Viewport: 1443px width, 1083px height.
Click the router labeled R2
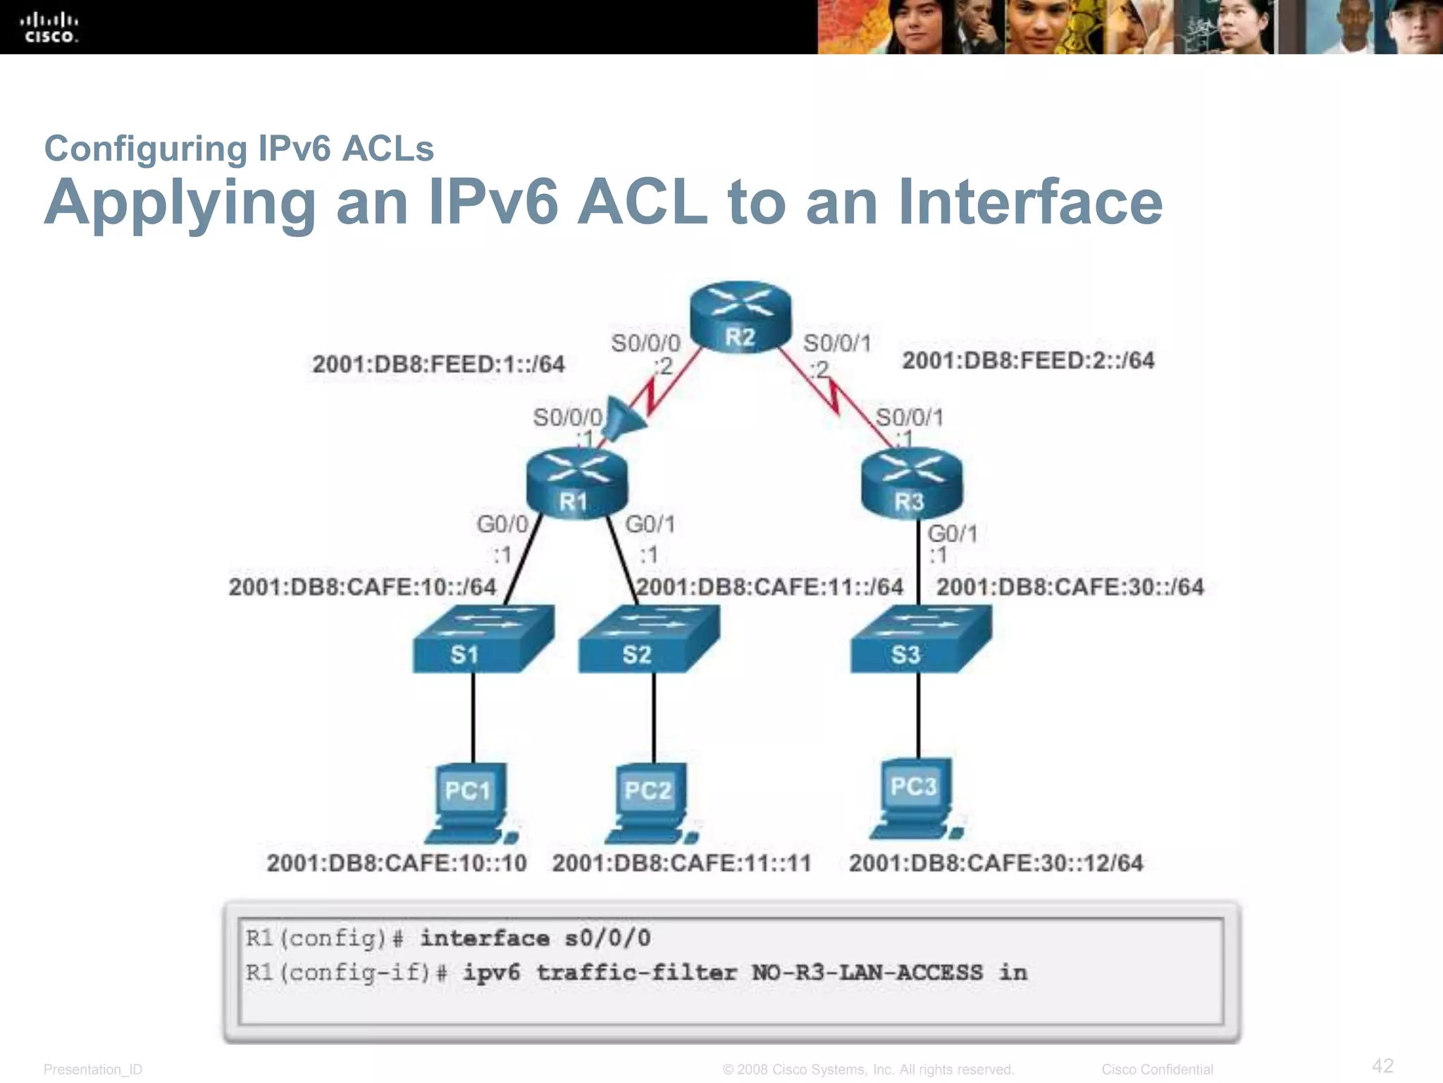tap(740, 317)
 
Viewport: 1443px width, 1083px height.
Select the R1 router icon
tap(576, 484)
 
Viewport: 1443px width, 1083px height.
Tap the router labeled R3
tap(911, 484)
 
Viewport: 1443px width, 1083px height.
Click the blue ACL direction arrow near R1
tap(624, 420)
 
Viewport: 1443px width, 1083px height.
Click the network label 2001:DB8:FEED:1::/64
tap(438, 365)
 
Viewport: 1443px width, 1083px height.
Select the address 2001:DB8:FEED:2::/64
tap(1028, 361)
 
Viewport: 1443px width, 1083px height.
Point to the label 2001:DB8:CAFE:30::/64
tap(1070, 587)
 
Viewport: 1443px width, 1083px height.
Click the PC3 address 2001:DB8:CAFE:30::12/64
tap(996, 863)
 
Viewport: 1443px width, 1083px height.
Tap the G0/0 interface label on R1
tap(502, 525)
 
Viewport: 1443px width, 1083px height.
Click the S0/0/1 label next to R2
tap(837, 343)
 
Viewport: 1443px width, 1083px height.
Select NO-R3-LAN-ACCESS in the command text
tap(867, 973)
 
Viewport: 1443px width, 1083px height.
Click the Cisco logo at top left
tap(49, 28)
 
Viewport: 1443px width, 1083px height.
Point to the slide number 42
tap(1382, 1065)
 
